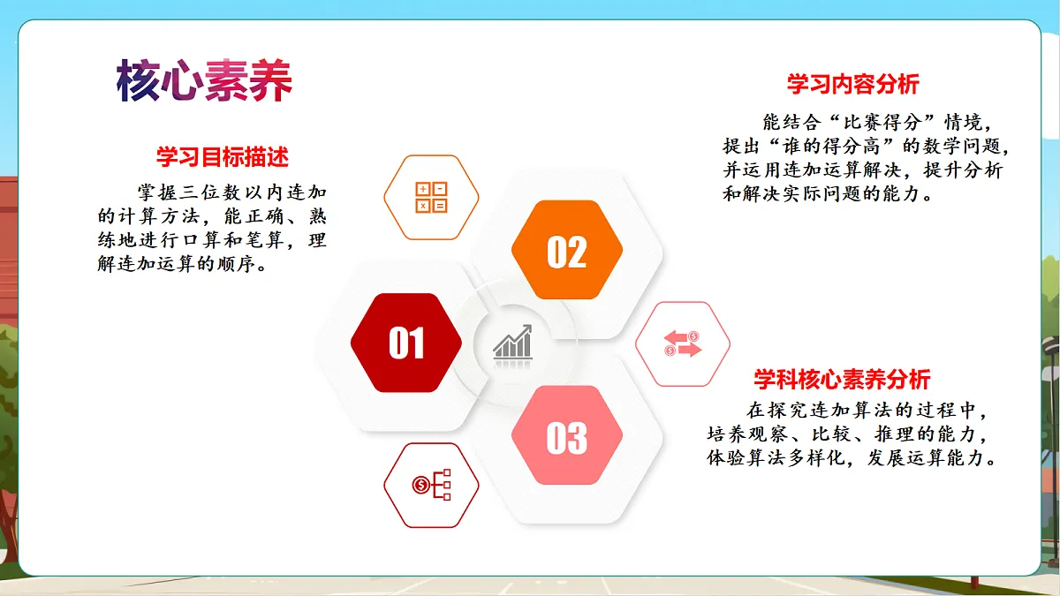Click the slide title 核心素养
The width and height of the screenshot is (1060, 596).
pyautogui.click(x=204, y=81)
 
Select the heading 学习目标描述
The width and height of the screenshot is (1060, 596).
pyautogui.click(x=223, y=157)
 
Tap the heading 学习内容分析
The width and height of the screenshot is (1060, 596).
pyautogui.click(x=852, y=84)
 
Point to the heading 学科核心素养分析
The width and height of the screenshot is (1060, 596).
pyautogui.click(x=841, y=380)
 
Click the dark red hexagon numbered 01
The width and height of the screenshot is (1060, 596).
pyautogui.click(x=406, y=343)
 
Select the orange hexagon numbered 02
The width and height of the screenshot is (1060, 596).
pyautogui.click(x=566, y=252)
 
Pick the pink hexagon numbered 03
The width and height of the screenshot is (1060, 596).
pyautogui.click(x=566, y=437)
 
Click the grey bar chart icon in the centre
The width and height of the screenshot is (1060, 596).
pyautogui.click(x=513, y=343)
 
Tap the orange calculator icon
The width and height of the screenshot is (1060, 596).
pyautogui.click(x=431, y=198)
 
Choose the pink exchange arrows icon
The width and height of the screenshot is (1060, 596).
pyautogui.click(x=683, y=343)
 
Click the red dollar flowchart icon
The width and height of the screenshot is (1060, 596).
pyautogui.click(x=431, y=485)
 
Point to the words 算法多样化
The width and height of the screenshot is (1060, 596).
pyautogui.click(x=786, y=459)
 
